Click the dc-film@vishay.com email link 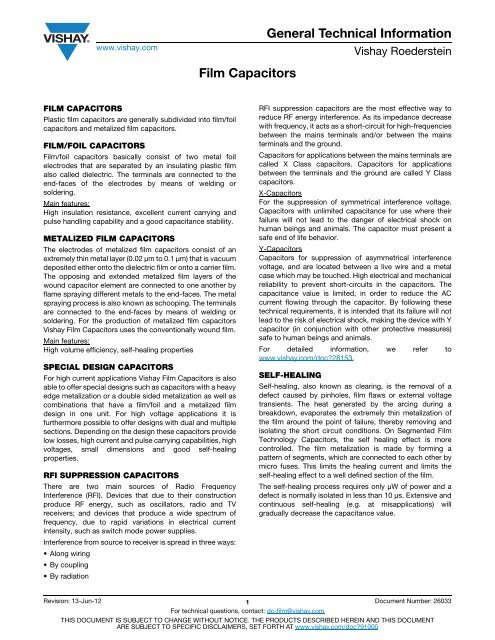(288, 609)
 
